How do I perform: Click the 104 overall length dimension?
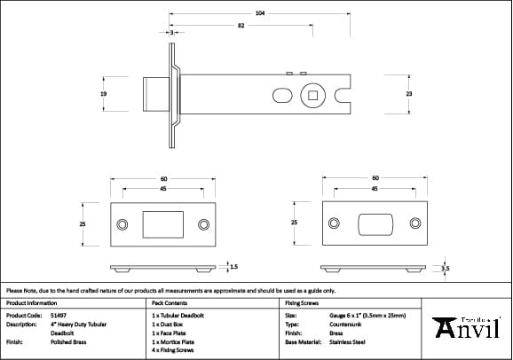[x=260, y=14]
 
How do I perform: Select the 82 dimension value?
[x=241, y=26]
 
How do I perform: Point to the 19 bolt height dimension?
[x=105, y=92]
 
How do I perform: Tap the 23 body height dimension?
[x=408, y=92]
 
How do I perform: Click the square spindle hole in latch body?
[x=313, y=93]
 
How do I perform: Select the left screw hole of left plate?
[x=122, y=224]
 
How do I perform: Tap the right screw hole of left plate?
[x=203, y=224]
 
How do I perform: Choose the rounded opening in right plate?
[x=375, y=223]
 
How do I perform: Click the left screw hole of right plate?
[x=334, y=223]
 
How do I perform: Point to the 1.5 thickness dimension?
[x=233, y=265]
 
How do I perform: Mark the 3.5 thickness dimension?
[x=446, y=266]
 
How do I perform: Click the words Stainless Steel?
[x=348, y=340]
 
